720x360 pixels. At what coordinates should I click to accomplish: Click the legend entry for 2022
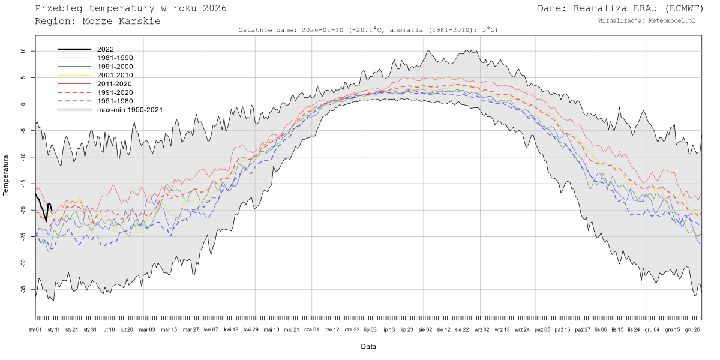coord(105,49)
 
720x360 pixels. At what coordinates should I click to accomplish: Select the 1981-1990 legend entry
coord(115,58)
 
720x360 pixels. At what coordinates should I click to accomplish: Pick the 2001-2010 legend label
coord(115,75)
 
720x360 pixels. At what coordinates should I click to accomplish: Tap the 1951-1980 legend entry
coord(115,101)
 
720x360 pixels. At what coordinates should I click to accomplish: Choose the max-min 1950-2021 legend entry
coord(130,110)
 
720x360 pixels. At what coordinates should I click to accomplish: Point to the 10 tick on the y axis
coord(23,52)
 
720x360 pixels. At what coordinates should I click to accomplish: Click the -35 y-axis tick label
coord(22,289)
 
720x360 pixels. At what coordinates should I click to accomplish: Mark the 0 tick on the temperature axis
coord(25,104)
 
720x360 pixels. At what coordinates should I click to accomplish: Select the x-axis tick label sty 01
coord(35,329)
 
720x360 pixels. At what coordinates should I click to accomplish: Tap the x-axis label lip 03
coord(370,329)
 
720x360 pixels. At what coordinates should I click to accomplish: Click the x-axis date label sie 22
coord(461,329)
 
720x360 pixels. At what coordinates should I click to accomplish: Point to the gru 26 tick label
coord(692,329)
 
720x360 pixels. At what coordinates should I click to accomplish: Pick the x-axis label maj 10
coord(272,329)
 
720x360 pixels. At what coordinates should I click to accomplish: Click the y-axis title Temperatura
coord(6,175)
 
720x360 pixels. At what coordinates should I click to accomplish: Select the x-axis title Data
coord(368,346)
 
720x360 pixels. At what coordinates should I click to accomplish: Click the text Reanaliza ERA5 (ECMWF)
coord(638,8)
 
